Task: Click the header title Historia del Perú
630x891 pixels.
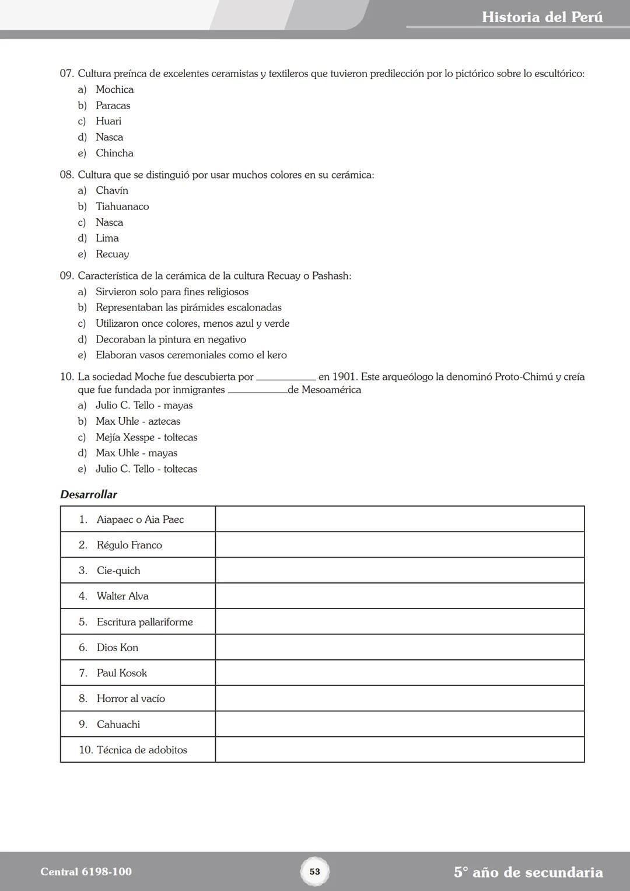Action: point(542,17)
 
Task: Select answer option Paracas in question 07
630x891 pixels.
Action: point(113,106)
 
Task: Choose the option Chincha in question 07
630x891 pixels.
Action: point(114,153)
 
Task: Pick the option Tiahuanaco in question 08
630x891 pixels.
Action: point(122,207)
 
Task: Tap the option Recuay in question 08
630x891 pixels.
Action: point(112,254)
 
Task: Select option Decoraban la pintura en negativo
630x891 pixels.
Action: point(170,340)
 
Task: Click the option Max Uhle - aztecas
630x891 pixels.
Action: point(138,421)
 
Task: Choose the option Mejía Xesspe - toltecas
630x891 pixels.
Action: point(146,438)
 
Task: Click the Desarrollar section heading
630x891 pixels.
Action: point(89,495)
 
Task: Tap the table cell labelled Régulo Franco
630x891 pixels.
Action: point(129,545)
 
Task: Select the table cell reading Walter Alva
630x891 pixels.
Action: point(123,596)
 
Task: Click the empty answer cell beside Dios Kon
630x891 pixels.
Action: point(400,647)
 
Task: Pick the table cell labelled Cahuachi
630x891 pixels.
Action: point(118,725)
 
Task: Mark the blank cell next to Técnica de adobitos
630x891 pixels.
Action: point(400,750)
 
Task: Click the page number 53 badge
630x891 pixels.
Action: point(315,872)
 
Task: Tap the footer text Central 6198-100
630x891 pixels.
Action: point(86,872)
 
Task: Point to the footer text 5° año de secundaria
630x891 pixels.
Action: point(528,872)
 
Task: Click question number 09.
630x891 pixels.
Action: point(66,276)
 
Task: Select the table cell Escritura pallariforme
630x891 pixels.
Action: point(145,622)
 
